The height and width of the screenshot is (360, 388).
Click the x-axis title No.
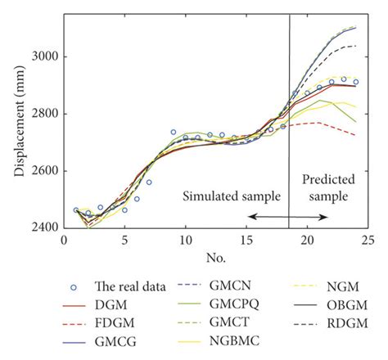[215, 260]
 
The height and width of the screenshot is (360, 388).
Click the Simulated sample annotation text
[231, 196]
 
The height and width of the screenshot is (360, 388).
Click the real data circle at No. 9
[173, 132]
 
